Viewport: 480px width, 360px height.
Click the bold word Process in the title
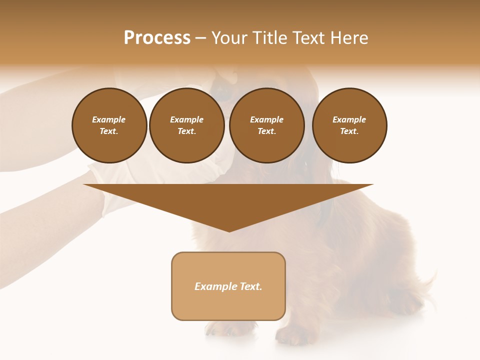(157, 38)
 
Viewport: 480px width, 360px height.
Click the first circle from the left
(109, 125)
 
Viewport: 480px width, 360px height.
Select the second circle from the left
(186, 125)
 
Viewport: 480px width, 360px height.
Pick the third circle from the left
(266, 125)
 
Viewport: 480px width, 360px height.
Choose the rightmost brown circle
(349, 125)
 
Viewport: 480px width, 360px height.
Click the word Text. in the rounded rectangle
(251, 286)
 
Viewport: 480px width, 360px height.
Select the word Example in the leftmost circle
(109, 119)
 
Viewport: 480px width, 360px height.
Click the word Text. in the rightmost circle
(349, 131)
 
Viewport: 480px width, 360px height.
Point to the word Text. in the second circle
(186, 131)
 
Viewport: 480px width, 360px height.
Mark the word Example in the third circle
(266, 119)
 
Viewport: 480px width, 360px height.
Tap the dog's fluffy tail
(425, 285)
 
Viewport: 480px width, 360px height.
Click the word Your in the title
(228, 38)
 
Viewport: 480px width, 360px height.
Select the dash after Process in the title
(200, 38)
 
